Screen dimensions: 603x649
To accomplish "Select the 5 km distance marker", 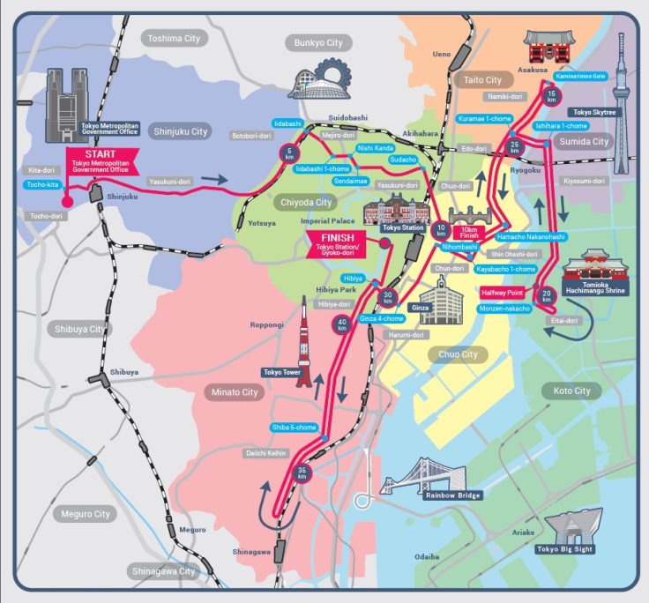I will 290,153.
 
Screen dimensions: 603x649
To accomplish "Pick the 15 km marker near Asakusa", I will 552,95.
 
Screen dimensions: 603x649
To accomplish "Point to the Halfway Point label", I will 504,291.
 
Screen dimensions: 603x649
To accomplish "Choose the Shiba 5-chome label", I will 294,428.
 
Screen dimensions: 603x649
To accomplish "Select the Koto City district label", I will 571,391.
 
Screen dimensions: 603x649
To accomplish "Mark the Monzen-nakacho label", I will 504,309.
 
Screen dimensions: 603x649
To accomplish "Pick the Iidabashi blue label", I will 288,123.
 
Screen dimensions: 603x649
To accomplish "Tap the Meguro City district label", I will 86,513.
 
